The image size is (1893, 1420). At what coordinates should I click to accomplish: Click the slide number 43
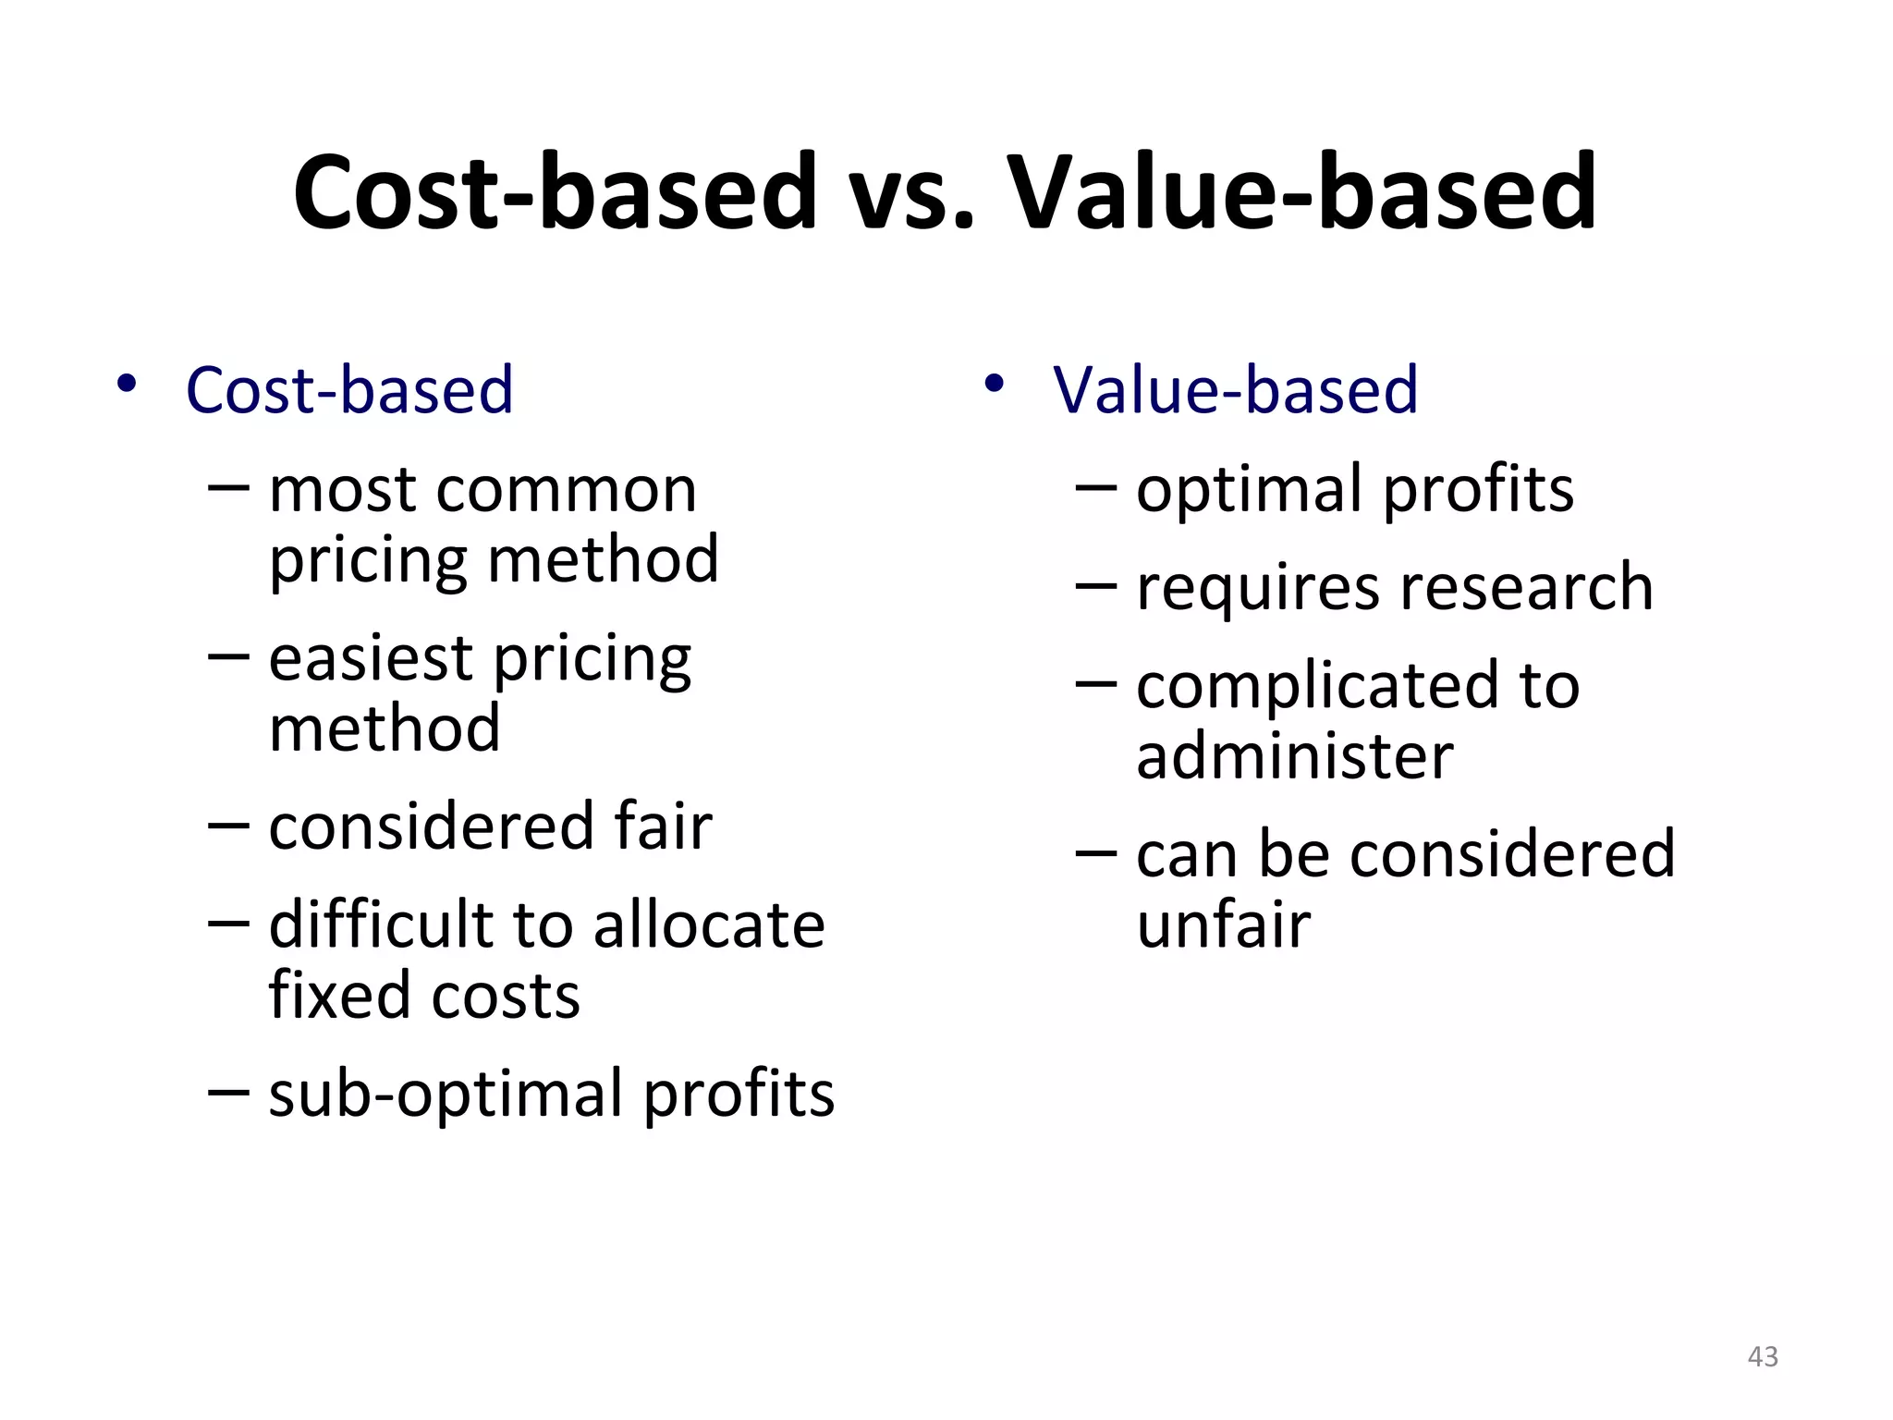tap(1763, 1356)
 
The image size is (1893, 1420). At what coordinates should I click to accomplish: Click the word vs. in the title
tap(911, 194)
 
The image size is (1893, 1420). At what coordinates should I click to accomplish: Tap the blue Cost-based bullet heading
tap(349, 390)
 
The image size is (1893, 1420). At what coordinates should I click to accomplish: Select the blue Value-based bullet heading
tap(1235, 390)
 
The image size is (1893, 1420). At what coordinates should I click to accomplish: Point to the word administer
tap(1294, 756)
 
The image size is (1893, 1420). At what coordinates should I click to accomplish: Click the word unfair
tap(1223, 924)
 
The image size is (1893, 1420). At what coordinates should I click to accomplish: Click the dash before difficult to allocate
tap(228, 922)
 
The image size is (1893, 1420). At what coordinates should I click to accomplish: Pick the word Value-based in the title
tap(1301, 194)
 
